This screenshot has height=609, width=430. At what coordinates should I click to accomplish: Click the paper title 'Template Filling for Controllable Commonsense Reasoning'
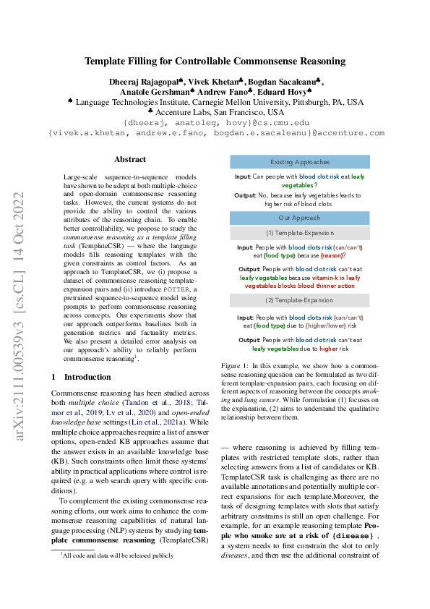[x=215, y=61]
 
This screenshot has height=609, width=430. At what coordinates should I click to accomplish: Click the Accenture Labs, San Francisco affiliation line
[x=215, y=112]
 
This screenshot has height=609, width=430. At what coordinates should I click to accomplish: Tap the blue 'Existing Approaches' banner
[x=299, y=162]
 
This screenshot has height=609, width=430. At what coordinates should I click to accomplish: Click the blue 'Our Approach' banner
[x=299, y=218]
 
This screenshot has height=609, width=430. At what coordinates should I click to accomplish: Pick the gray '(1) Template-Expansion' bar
[x=299, y=233]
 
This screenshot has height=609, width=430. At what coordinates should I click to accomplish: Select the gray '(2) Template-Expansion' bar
[x=299, y=299]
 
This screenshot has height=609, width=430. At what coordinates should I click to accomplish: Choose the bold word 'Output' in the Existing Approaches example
[x=246, y=195]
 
